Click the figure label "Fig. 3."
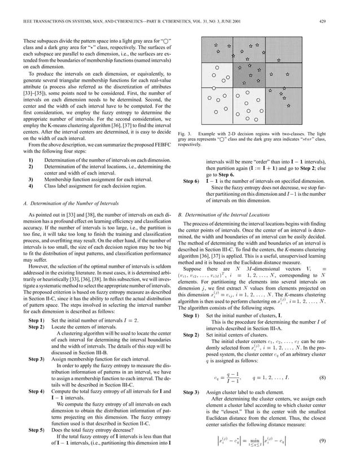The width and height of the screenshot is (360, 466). (x=185, y=133)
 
